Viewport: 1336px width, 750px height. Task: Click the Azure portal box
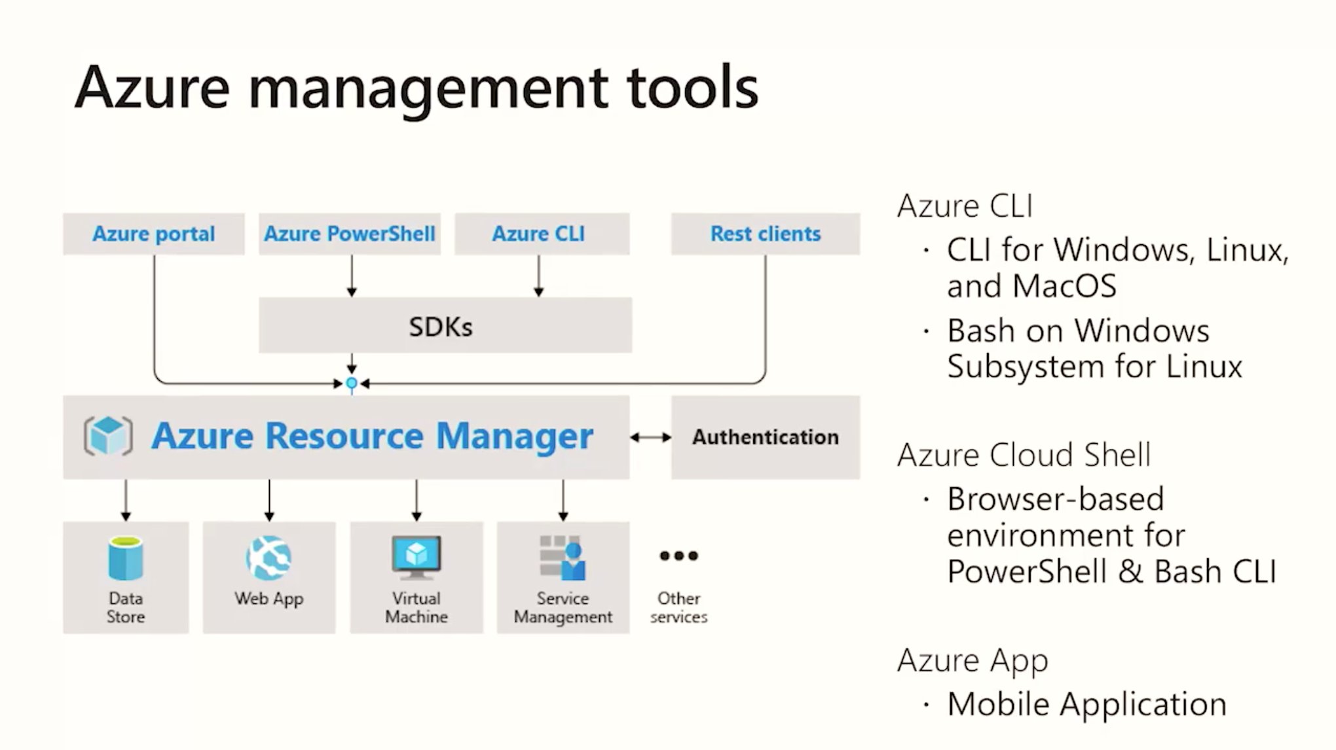point(153,234)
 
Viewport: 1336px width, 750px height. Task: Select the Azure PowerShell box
point(349,234)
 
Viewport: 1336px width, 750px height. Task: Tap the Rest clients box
point(765,234)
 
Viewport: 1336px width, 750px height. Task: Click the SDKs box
point(445,326)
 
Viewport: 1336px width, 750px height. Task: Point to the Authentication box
point(765,437)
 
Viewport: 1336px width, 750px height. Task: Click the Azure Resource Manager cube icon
point(108,436)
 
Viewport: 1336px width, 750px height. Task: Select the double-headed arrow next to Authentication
point(650,437)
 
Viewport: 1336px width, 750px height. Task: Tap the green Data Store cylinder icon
point(125,559)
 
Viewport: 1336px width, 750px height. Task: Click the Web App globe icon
point(269,558)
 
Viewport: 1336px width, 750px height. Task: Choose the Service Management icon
point(563,558)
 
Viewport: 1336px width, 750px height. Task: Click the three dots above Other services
point(678,556)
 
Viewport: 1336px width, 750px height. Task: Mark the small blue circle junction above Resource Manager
point(352,384)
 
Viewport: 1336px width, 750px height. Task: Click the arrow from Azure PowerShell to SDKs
point(352,276)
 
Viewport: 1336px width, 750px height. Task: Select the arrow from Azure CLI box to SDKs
point(538,276)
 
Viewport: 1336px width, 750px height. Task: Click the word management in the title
point(428,88)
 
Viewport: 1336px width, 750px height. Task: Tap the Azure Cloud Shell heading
point(1023,455)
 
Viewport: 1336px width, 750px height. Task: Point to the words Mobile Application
point(1086,705)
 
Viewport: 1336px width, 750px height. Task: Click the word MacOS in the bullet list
point(1064,286)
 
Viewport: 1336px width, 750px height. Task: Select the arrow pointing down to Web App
point(269,501)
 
